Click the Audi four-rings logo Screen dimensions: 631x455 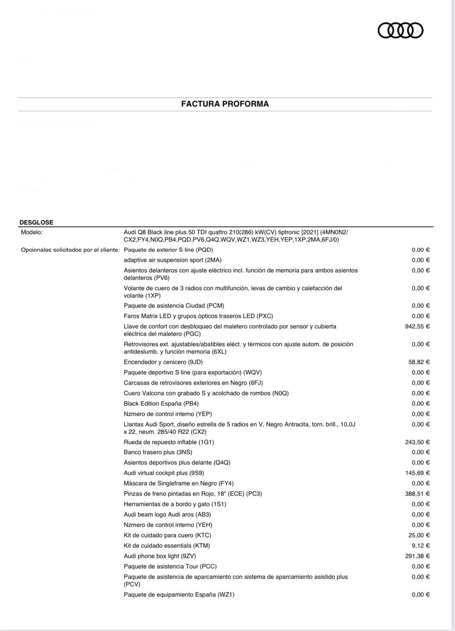400,30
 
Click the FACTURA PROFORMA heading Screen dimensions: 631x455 225,104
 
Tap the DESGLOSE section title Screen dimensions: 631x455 36,223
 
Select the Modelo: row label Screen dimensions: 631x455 32,232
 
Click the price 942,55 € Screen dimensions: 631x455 417,326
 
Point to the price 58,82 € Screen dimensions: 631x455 419,362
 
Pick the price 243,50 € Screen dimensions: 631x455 417,442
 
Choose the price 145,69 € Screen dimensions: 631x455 417,473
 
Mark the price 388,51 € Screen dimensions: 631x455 417,494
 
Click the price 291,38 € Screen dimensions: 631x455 417,556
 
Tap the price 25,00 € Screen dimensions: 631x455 419,535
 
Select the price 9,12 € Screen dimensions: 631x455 420,546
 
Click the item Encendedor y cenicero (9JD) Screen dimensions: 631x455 163,362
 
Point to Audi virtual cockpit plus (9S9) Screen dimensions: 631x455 164,473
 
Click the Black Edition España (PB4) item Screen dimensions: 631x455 161,404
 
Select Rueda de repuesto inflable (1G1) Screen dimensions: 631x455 169,442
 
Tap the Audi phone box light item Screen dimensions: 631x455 160,556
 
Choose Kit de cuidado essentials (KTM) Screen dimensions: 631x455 167,546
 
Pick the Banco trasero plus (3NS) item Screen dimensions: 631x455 158,452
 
